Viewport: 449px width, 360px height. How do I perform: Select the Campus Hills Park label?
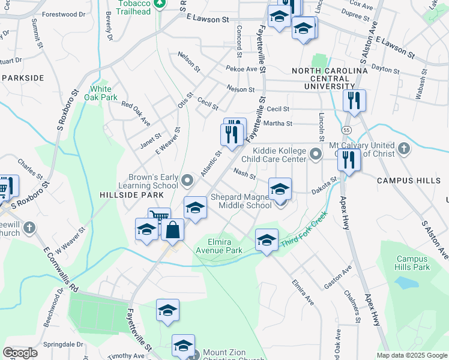click(x=412, y=263)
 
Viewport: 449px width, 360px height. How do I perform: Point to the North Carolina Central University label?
click(x=329, y=79)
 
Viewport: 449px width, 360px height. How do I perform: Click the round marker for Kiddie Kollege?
click(x=315, y=155)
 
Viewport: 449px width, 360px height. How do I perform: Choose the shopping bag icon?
click(x=172, y=230)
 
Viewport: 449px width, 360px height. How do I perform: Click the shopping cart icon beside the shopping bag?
click(x=159, y=218)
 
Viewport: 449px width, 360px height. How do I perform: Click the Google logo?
click(x=20, y=353)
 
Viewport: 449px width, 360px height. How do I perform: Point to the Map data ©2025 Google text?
click(x=412, y=355)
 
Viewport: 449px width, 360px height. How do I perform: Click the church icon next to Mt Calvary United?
click(x=404, y=149)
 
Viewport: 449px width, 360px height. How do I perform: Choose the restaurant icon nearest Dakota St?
click(x=348, y=160)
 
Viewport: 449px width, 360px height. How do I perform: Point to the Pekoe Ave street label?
click(x=241, y=69)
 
